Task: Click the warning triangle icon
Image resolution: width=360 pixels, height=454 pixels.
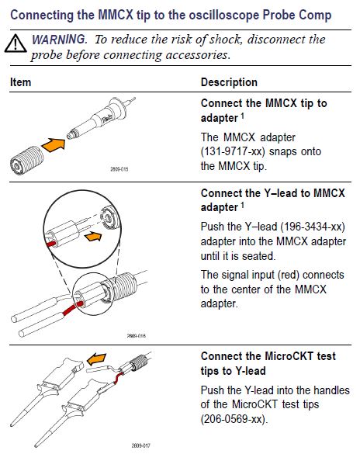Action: click(x=16, y=44)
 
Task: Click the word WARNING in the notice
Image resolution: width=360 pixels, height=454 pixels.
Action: click(x=59, y=40)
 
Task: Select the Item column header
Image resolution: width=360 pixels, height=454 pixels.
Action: click(x=20, y=82)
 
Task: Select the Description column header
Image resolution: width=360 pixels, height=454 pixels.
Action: click(x=229, y=82)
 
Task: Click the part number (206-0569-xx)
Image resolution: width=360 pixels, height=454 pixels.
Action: click(x=234, y=419)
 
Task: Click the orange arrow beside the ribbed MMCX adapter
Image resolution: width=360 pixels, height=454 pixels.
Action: click(x=54, y=144)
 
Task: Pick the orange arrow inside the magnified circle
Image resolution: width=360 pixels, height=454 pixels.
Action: click(x=93, y=236)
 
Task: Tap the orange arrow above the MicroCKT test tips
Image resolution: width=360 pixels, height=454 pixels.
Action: click(x=97, y=359)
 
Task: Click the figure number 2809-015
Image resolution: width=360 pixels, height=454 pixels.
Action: click(x=119, y=169)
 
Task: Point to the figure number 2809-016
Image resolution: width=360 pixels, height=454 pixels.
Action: click(x=137, y=336)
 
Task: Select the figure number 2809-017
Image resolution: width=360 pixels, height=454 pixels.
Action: click(x=141, y=445)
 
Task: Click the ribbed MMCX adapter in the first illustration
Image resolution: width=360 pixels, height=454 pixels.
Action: click(x=26, y=161)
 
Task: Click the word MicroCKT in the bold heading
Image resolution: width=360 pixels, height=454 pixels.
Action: click(x=289, y=356)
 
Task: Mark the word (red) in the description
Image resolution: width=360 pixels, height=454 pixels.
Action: click(x=289, y=275)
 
